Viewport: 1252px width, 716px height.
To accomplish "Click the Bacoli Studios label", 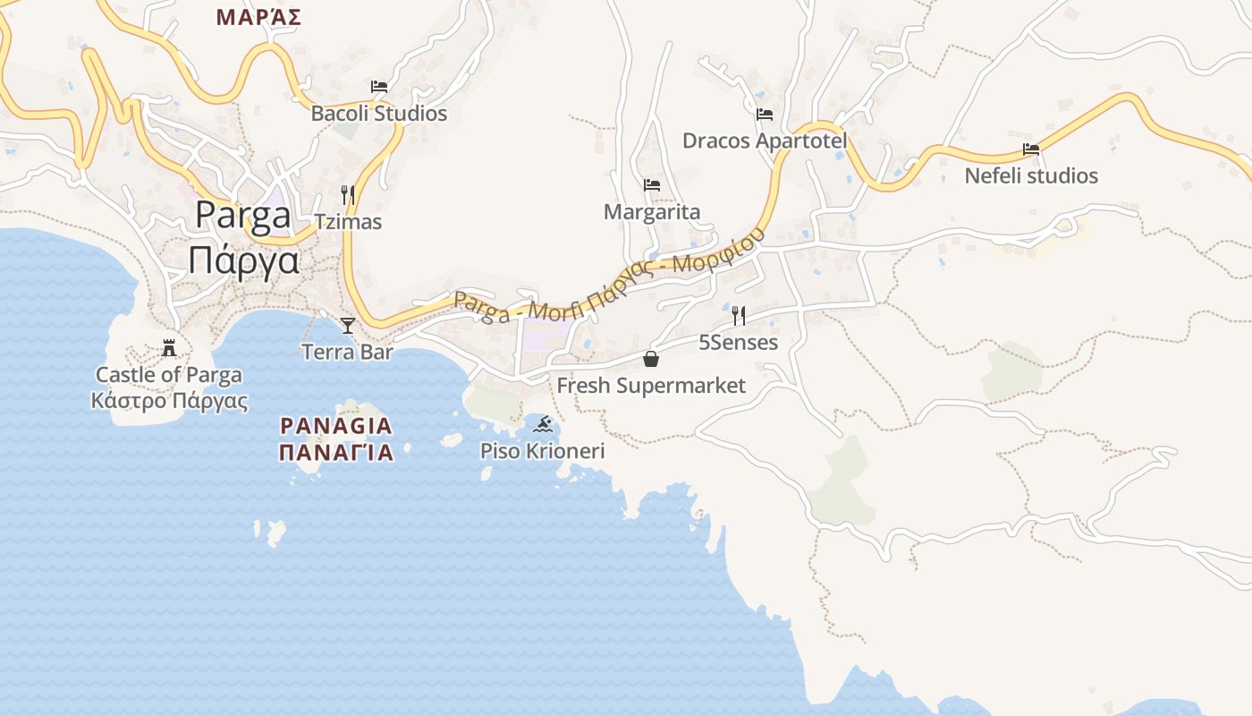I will (378, 114).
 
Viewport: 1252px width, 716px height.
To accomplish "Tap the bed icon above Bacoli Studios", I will (379, 87).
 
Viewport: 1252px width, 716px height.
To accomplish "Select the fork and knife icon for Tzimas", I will (348, 194).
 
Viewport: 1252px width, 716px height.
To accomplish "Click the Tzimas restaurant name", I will (348, 222).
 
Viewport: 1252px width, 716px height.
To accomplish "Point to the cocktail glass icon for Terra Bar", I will (348, 325).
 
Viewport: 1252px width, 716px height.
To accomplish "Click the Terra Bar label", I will (348, 352).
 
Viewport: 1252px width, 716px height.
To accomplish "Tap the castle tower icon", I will (169, 347).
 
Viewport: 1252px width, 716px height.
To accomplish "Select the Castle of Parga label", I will (169, 375).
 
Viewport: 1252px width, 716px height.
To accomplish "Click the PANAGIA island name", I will (335, 425).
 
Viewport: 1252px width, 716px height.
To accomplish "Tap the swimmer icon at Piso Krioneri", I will (542, 423).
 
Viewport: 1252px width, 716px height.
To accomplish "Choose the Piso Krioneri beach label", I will (542, 450).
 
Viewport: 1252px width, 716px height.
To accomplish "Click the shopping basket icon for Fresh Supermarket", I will (651, 359).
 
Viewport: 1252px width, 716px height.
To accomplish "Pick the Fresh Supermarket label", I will (651, 386).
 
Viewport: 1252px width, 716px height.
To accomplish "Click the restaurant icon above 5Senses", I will (739, 315).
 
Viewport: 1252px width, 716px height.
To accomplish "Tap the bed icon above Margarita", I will (652, 185).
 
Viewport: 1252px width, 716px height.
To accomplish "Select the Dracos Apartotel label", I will (765, 141).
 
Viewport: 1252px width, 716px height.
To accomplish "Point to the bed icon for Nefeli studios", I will (1031, 149).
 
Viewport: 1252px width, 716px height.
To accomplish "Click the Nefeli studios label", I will (1031, 175).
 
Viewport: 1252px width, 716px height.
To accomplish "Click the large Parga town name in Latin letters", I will (243, 216).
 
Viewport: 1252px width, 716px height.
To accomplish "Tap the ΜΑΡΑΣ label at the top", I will (258, 17).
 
